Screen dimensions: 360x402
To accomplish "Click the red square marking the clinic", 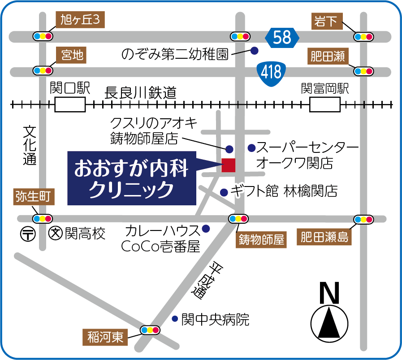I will pos(228,165).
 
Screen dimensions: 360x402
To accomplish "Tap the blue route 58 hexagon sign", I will pos(282,37).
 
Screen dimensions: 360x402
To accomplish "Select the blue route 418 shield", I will pos(270,71).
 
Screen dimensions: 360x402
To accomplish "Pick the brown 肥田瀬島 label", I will pos(324,237).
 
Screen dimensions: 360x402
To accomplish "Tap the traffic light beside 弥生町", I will pos(43,219).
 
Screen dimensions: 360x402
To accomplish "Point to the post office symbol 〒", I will pos(28,234).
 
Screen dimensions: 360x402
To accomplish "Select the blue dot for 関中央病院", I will pos(175,319).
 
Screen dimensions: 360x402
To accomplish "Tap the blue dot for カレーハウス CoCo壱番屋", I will pos(206,228).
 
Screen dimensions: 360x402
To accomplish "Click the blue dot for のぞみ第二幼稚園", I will pos(255,51).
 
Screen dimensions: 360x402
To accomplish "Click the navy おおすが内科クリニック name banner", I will pos(133,178).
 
